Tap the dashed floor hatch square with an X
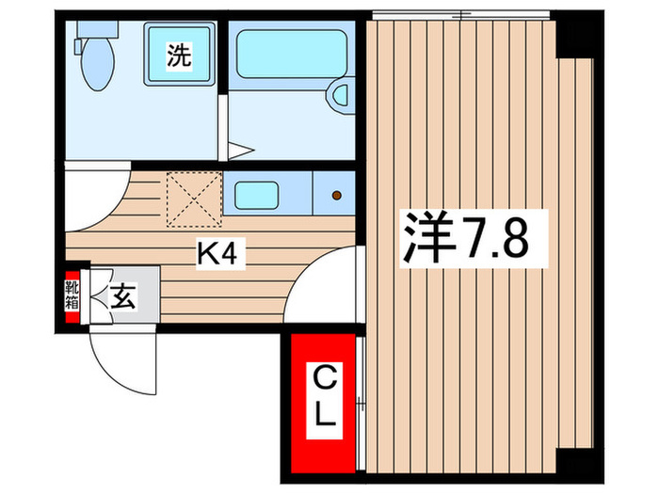pyautogui.click(x=194, y=199)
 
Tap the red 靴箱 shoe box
pyautogui.click(x=72, y=298)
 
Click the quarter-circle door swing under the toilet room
pyautogui.click(x=94, y=198)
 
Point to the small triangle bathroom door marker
pyautogui.click(x=241, y=148)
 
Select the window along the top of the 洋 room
pyautogui.click(x=461, y=14)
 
